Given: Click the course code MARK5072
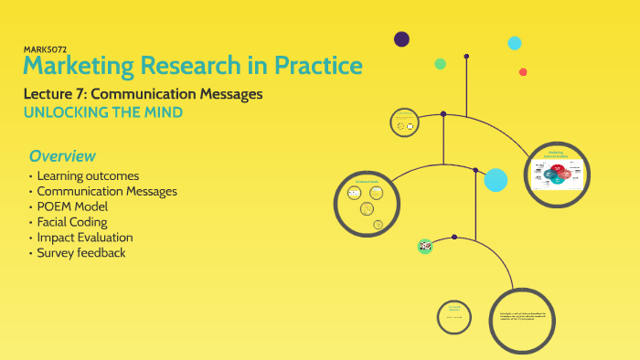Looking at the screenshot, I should (44, 48).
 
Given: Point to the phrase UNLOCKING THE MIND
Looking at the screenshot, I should (102, 112).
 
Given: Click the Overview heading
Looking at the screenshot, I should (62, 155).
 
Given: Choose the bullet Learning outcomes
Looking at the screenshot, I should (88, 175).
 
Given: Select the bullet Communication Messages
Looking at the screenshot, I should (107, 191).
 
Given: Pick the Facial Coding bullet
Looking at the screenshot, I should (72, 222).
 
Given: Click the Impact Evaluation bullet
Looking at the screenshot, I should (85, 238).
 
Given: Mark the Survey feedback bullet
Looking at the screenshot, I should (80, 253).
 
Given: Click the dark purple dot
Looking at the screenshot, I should (401, 39).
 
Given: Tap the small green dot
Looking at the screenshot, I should (440, 64).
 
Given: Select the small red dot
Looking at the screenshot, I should (523, 72).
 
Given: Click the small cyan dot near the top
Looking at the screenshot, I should (515, 43).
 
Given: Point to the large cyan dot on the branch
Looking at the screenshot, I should (496, 180).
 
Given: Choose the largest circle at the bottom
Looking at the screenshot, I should (522, 320).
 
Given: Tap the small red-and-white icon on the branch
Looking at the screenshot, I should (424, 246).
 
